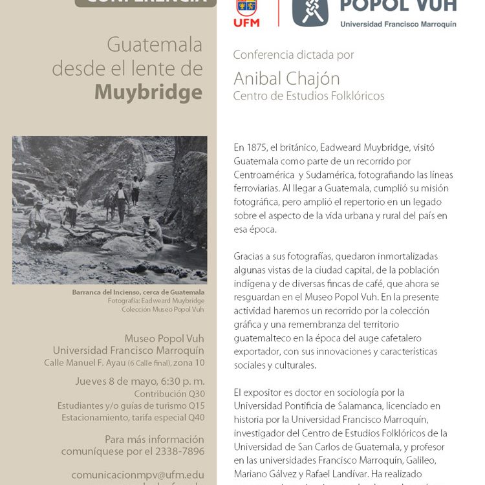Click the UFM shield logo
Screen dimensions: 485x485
(x=246, y=8)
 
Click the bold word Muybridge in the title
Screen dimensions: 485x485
(x=148, y=92)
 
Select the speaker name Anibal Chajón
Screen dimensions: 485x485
(x=286, y=79)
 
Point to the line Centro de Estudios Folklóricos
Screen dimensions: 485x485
(x=308, y=96)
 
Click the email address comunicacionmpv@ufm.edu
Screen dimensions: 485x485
(x=137, y=474)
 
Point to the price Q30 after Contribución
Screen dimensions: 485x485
(x=196, y=394)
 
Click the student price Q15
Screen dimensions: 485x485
(x=196, y=405)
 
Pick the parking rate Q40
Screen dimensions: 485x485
(x=196, y=417)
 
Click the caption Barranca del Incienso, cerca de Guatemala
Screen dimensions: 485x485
(x=138, y=292)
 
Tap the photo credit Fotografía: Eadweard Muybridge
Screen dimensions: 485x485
(x=156, y=301)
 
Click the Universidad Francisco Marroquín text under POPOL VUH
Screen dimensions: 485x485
(x=398, y=24)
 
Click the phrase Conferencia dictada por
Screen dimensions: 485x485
(x=293, y=55)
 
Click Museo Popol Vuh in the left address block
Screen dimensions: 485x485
(x=164, y=338)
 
